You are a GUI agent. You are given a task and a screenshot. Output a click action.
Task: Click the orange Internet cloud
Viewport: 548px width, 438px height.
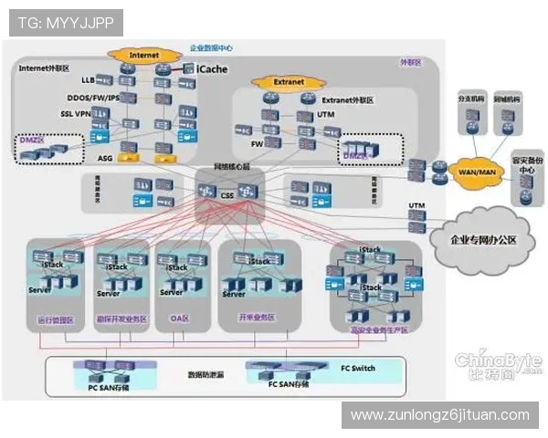coord(143,55)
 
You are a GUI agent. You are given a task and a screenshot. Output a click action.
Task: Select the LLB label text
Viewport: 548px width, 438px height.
coord(88,80)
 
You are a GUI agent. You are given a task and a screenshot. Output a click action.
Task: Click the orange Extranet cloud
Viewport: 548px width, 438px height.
coord(285,81)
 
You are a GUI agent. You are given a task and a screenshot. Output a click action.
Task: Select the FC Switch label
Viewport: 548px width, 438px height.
coord(358,368)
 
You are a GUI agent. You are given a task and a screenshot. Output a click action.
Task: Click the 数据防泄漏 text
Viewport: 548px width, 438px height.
coord(206,374)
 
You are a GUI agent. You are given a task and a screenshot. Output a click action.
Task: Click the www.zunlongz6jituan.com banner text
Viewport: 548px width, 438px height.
coord(440,415)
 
